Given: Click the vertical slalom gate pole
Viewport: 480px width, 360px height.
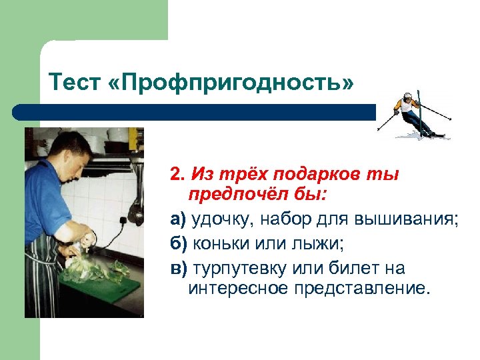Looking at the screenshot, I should click(419, 107).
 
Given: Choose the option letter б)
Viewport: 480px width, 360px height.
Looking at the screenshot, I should click(178, 243).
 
